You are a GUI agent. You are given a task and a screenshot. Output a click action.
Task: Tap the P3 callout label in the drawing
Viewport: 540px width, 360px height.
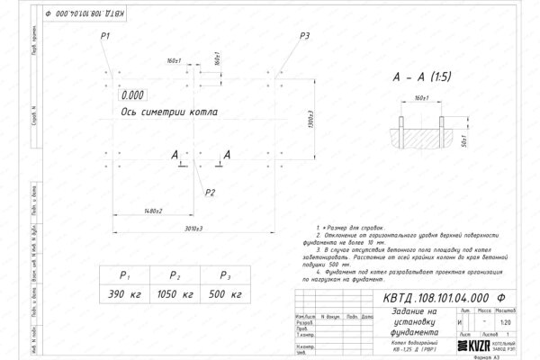coord(305,35)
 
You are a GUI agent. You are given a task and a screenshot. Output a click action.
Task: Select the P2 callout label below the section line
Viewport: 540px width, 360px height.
coord(210,193)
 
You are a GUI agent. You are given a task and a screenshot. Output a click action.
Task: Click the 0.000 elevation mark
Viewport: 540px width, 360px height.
coord(131,94)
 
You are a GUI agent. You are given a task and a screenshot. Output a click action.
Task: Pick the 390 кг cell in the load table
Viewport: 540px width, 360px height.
coord(125,293)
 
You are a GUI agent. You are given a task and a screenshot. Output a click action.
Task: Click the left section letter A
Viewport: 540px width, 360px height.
coord(175,156)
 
